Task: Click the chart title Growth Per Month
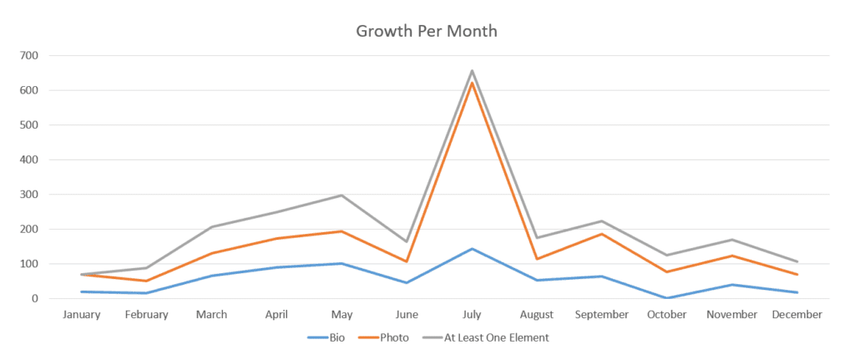coord(427,32)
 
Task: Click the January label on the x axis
coord(81,315)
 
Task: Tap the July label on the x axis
coord(472,315)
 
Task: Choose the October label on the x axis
coord(667,315)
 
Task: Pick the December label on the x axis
coord(797,315)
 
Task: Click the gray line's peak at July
coord(472,71)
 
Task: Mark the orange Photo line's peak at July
coord(472,83)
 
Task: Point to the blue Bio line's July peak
coord(472,249)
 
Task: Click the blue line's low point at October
coord(667,297)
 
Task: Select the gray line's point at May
coord(341,195)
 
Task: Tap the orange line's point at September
coord(602,234)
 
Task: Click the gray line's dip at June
coord(407,241)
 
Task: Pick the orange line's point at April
coord(276,239)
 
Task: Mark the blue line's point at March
coord(211,276)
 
